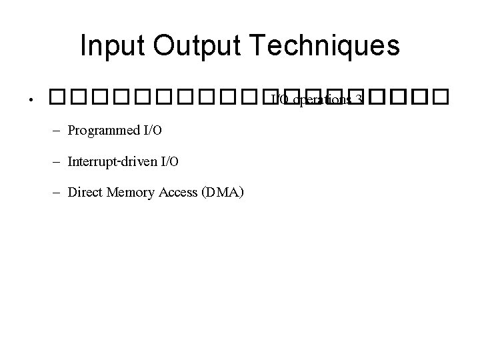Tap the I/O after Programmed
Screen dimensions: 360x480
(x=152, y=130)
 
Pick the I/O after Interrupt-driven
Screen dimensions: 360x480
(x=170, y=162)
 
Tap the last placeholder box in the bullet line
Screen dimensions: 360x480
(x=436, y=100)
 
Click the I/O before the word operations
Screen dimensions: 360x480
(x=281, y=100)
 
